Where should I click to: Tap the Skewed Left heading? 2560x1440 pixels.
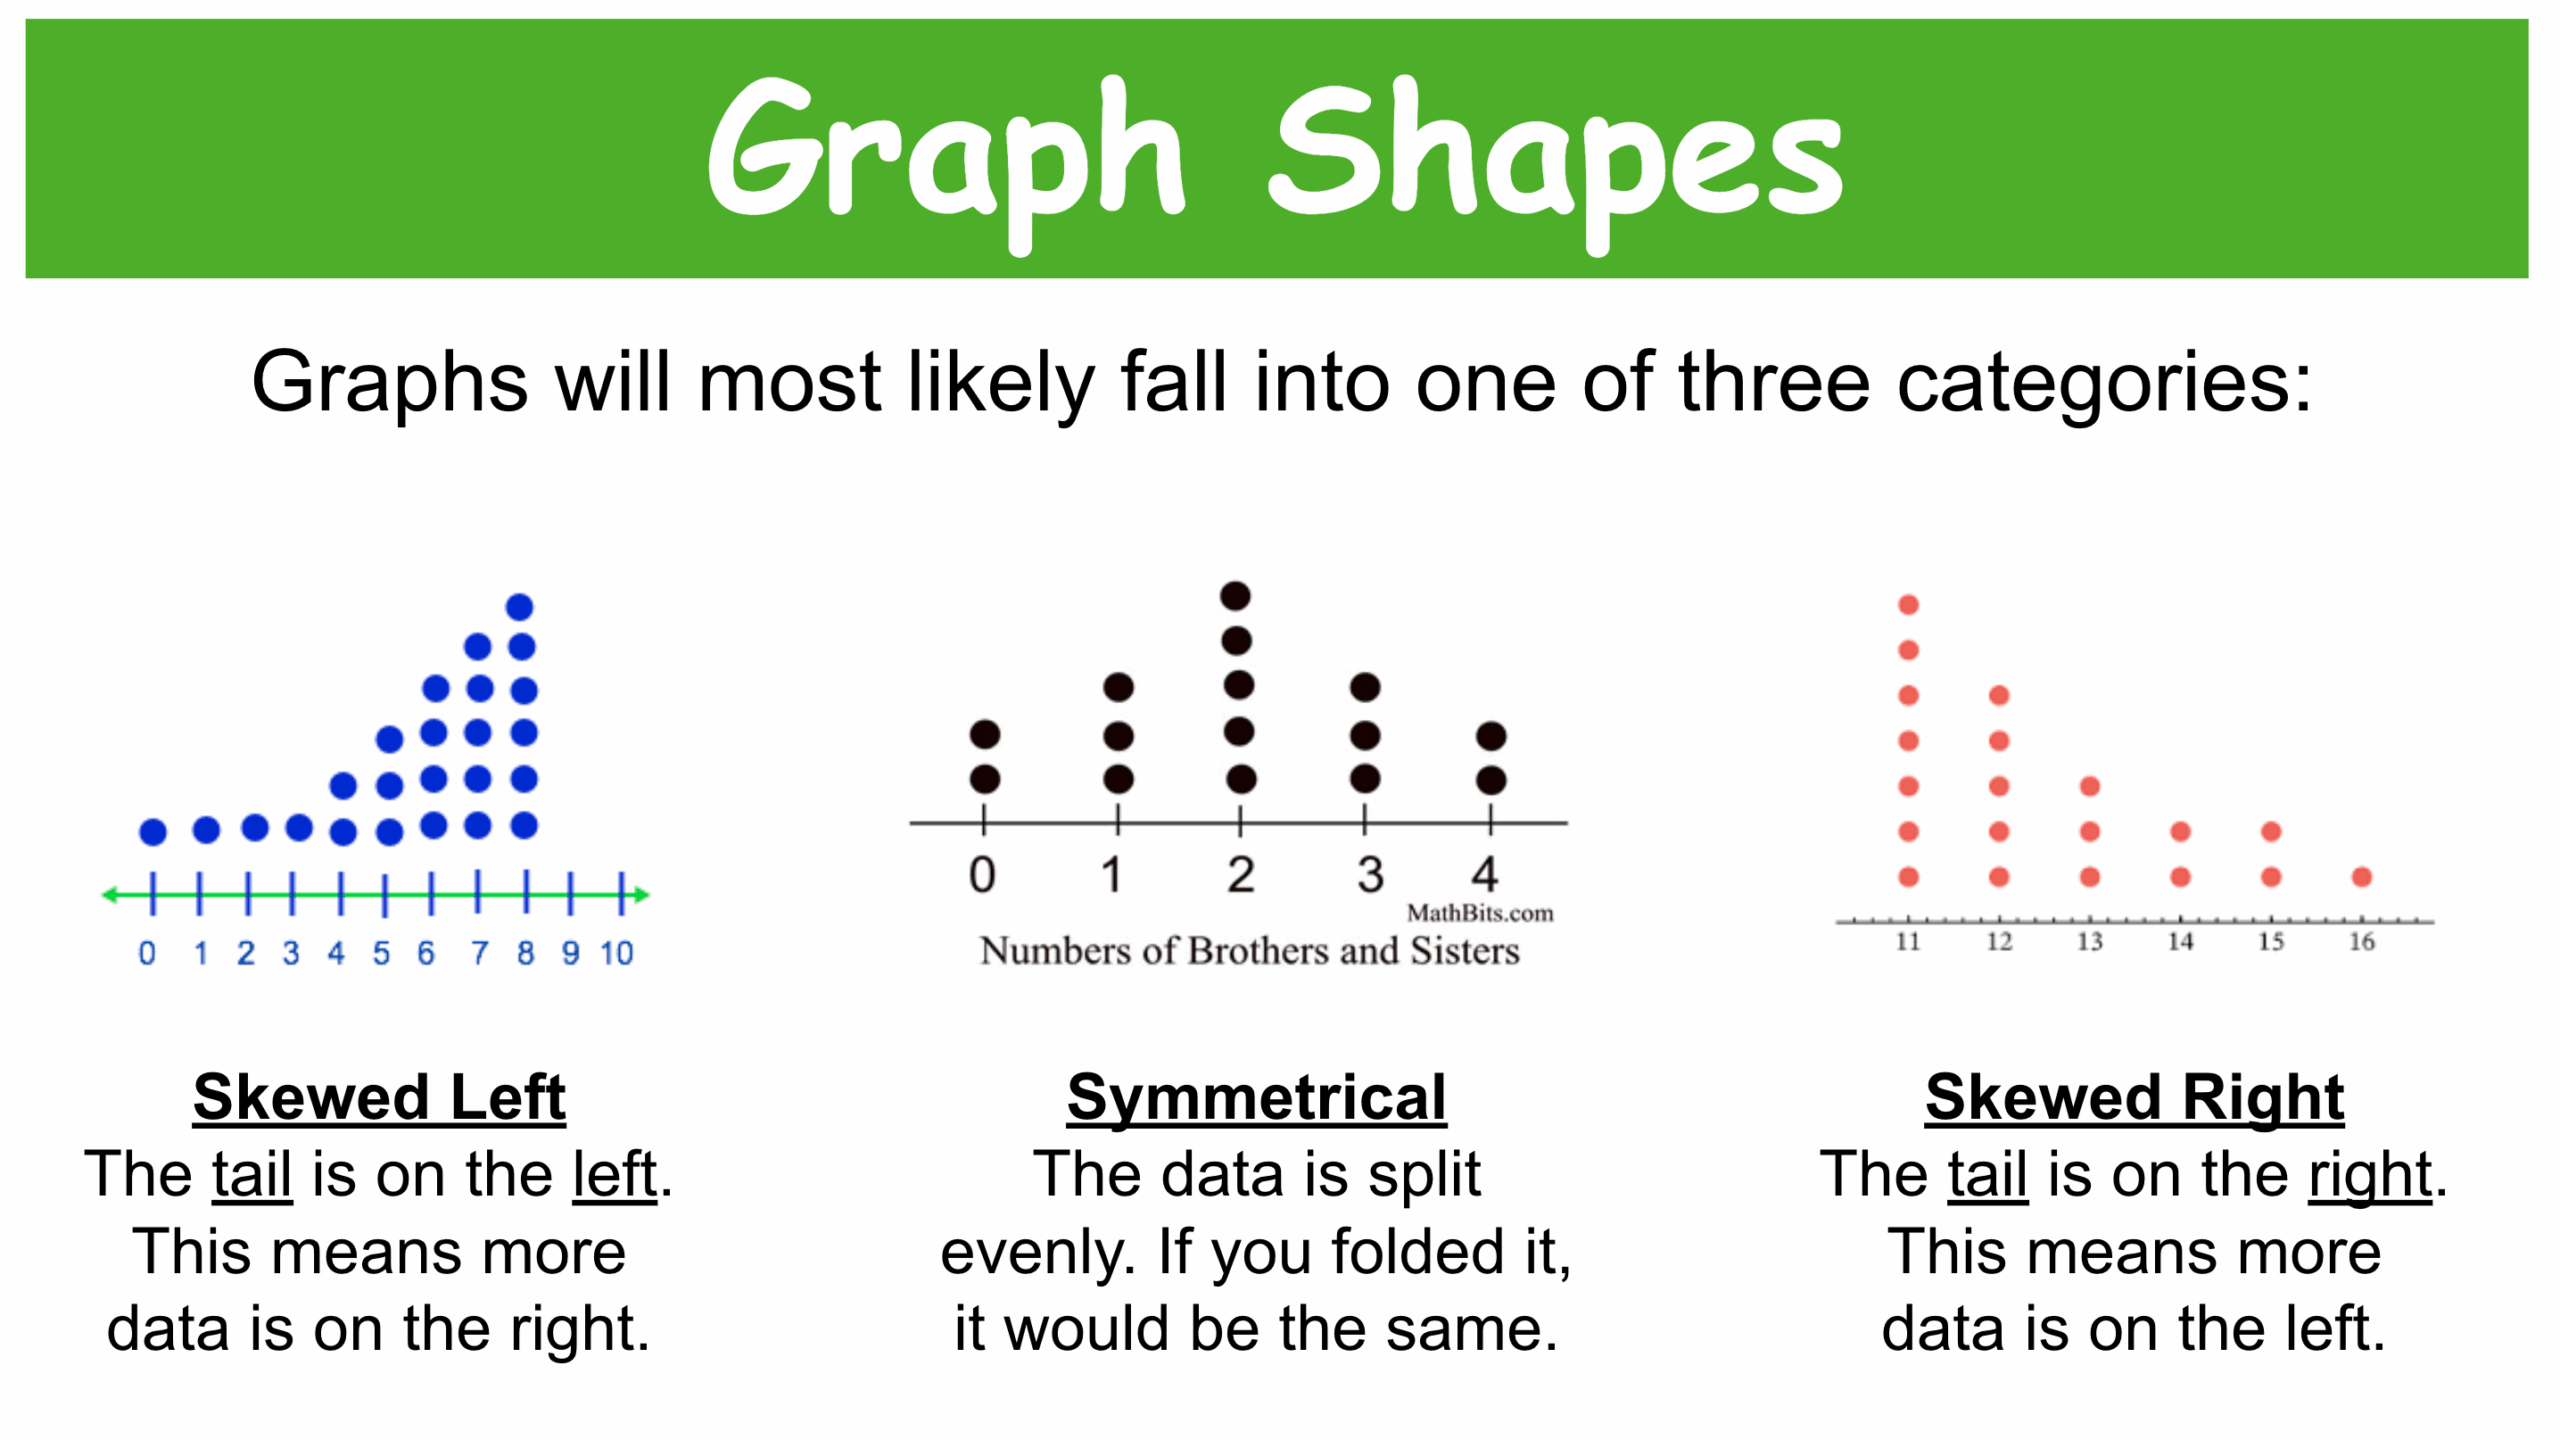pos(379,1098)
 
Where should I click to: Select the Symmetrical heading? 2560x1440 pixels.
pos(1256,1098)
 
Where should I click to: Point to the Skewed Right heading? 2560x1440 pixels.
pos(2134,1098)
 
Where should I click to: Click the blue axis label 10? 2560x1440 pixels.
pos(617,953)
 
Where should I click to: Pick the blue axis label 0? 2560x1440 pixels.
pos(147,953)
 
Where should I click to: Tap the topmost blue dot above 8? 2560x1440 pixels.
pos(520,607)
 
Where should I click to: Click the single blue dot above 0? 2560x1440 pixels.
pos(153,831)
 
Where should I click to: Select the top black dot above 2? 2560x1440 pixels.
pos(1236,596)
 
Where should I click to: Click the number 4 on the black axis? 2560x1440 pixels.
pos(1485,875)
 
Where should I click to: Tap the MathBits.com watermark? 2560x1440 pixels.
pos(1480,913)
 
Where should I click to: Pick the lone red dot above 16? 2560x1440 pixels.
pos(2362,877)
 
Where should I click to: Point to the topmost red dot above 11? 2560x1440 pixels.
pos(1908,605)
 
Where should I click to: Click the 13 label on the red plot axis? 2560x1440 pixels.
pos(2090,942)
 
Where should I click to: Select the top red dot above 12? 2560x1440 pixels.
pos(1999,695)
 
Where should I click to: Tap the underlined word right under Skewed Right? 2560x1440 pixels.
pos(2370,1176)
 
